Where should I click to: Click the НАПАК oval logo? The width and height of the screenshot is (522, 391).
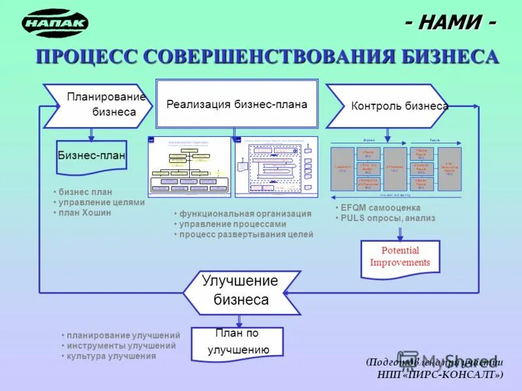coord(55,23)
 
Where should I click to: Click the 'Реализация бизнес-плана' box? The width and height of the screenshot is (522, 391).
coord(236,104)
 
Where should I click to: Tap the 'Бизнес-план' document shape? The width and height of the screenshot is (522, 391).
coord(91,156)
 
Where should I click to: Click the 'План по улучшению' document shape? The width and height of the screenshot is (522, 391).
coord(238,341)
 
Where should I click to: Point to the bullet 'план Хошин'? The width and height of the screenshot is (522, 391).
coord(85,212)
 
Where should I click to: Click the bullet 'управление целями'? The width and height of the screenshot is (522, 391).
coord(101,202)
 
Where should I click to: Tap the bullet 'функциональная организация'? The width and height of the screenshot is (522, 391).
coord(245,214)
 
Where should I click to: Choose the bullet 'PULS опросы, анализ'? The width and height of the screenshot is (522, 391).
coord(388,218)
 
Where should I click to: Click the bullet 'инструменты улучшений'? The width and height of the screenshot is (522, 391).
coord(121,346)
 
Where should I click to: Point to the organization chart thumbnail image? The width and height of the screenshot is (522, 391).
coord(189,166)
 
